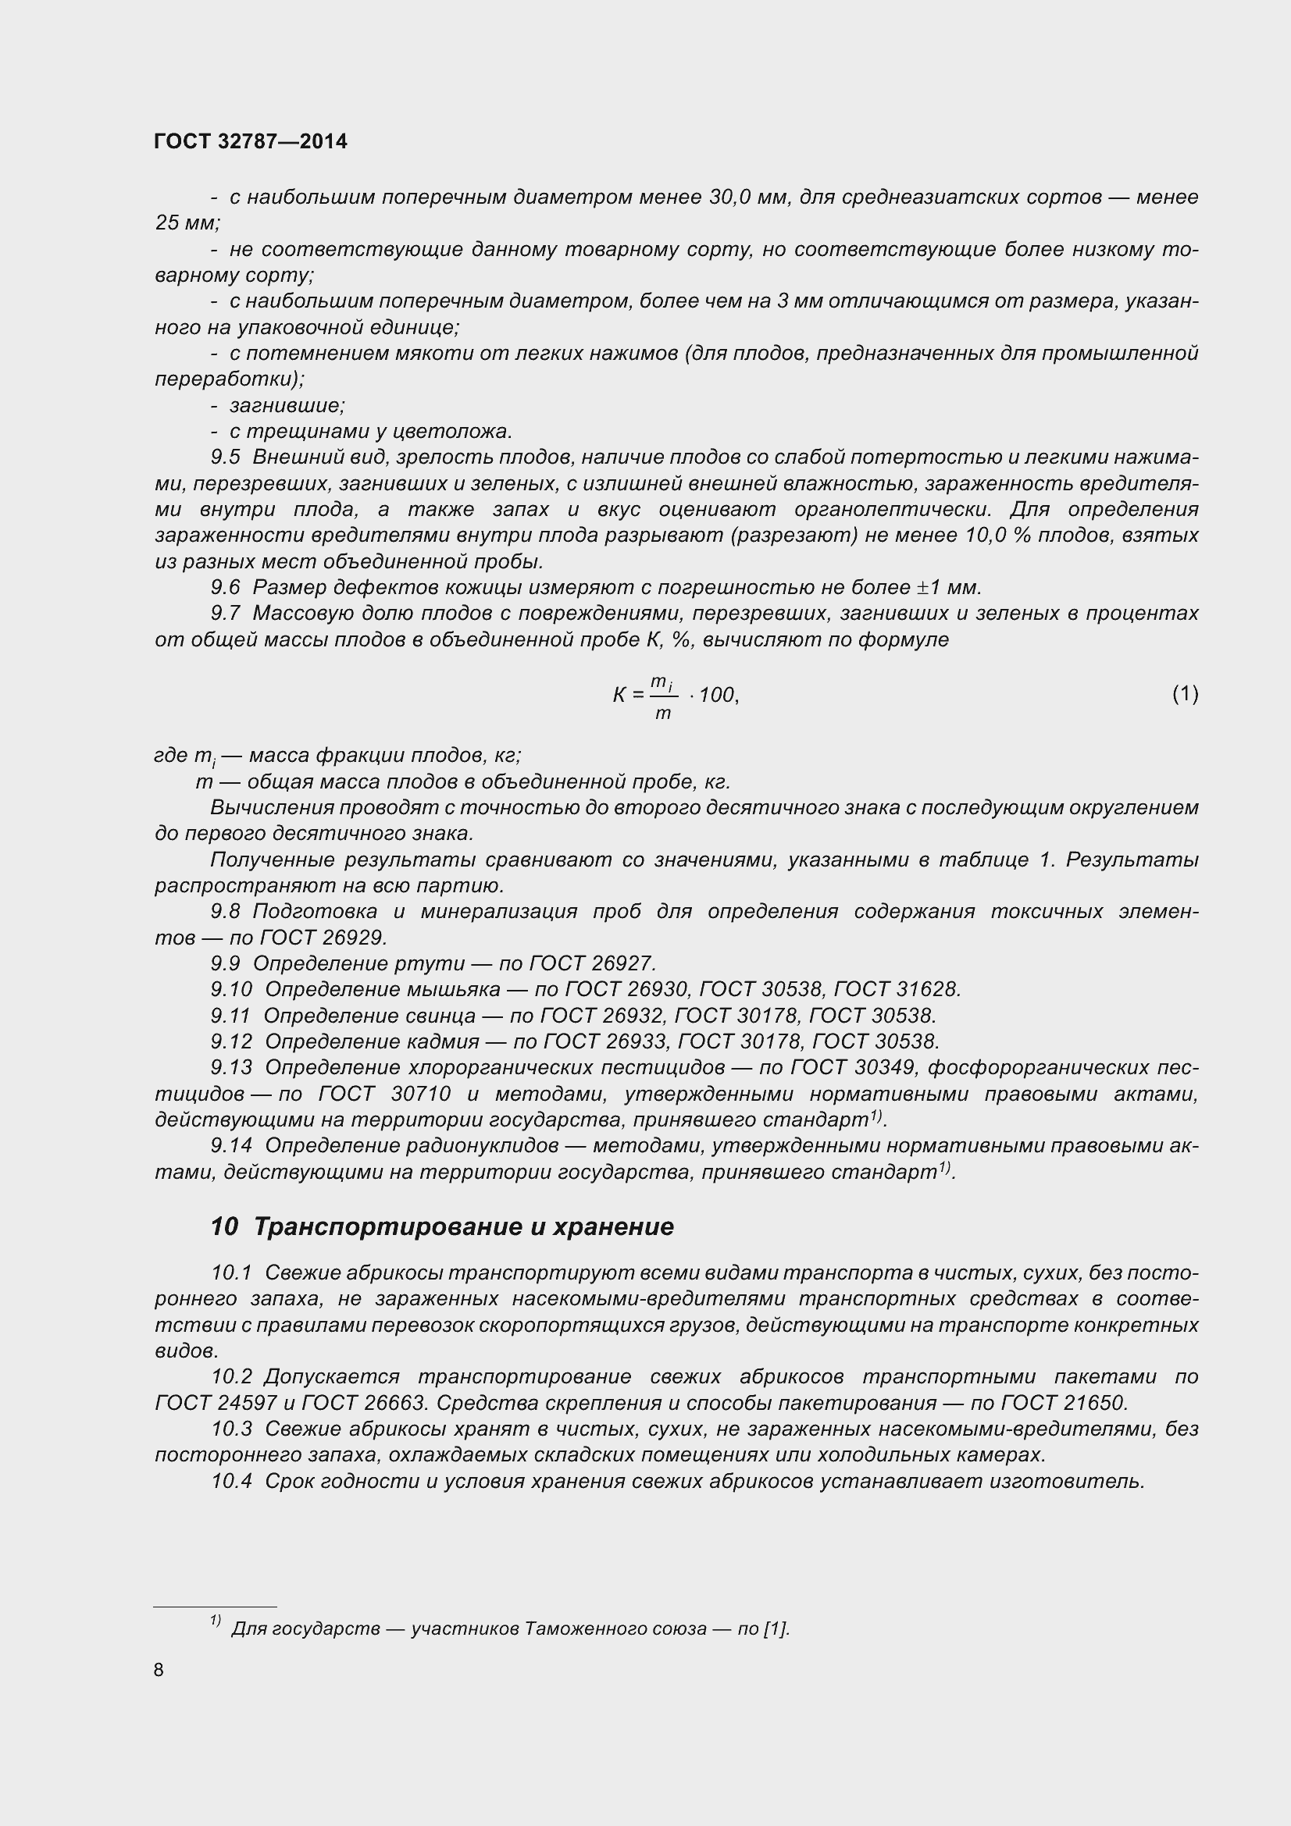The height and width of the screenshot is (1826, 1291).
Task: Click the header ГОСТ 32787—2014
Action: [x=251, y=141]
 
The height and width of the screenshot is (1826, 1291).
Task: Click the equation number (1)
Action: [x=1185, y=693]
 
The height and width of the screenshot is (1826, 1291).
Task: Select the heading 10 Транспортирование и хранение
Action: [x=441, y=1226]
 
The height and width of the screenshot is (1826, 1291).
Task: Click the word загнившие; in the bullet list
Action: [x=287, y=406]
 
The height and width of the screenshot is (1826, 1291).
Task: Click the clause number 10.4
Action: [x=231, y=1481]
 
